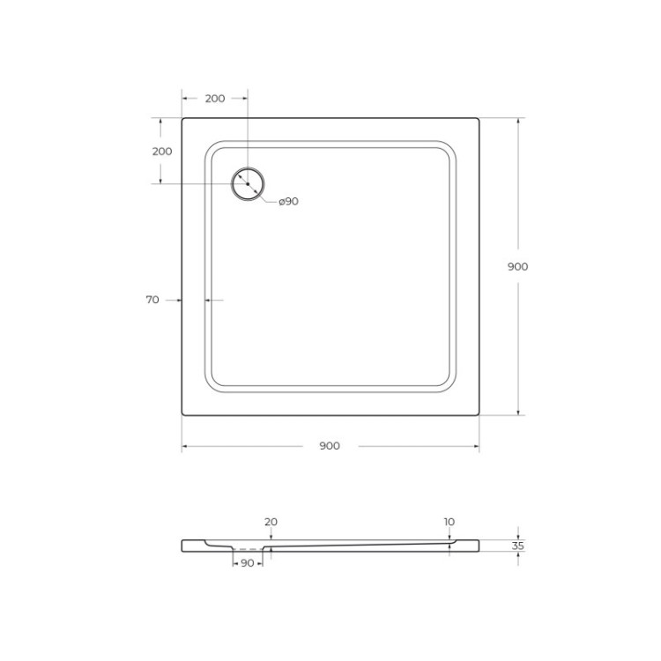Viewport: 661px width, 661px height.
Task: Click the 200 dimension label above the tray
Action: (214, 99)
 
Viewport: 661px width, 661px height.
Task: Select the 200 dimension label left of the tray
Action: (162, 151)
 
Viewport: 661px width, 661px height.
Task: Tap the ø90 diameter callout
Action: (288, 202)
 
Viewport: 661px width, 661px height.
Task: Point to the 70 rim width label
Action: (152, 301)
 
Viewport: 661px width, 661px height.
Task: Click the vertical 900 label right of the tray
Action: (518, 267)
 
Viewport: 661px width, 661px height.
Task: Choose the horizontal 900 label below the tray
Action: (329, 446)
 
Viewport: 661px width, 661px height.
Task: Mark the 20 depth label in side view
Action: (271, 522)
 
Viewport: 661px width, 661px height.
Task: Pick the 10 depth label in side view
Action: (449, 522)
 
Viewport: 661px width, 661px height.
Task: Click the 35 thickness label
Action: (518, 546)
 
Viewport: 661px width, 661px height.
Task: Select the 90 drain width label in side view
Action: (247, 562)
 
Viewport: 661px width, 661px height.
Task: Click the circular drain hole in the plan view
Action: (248, 183)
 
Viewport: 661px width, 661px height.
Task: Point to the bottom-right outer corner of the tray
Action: (478, 413)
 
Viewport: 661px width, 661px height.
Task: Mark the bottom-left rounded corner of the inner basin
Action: (214, 382)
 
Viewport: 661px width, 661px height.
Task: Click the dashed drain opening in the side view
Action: (248, 549)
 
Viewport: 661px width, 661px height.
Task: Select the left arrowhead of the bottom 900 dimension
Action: (185, 446)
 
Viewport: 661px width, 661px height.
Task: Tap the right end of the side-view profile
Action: (480, 546)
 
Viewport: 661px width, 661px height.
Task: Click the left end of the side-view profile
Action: (183, 545)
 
